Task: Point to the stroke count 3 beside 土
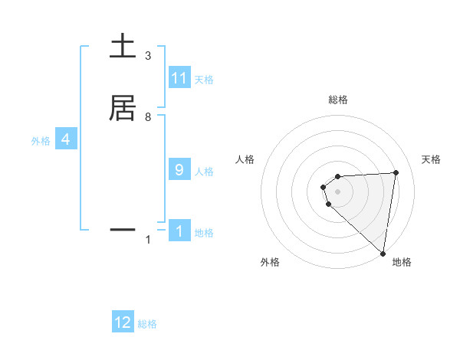(x=148, y=56)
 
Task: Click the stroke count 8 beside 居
(x=148, y=117)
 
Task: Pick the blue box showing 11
(x=179, y=78)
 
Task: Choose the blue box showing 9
(x=179, y=170)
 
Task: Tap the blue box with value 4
(x=66, y=139)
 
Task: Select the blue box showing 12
(x=123, y=322)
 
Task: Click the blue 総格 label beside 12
(x=147, y=324)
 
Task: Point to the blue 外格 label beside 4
(x=41, y=141)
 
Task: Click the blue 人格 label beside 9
(x=205, y=172)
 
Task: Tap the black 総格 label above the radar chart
(x=338, y=100)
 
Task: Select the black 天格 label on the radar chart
(x=432, y=159)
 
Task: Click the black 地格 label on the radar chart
(x=402, y=262)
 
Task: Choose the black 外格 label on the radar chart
(x=270, y=262)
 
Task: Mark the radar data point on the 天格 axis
(x=396, y=172)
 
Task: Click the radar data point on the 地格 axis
(x=383, y=253)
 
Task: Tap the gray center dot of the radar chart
(x=337, y=191)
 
